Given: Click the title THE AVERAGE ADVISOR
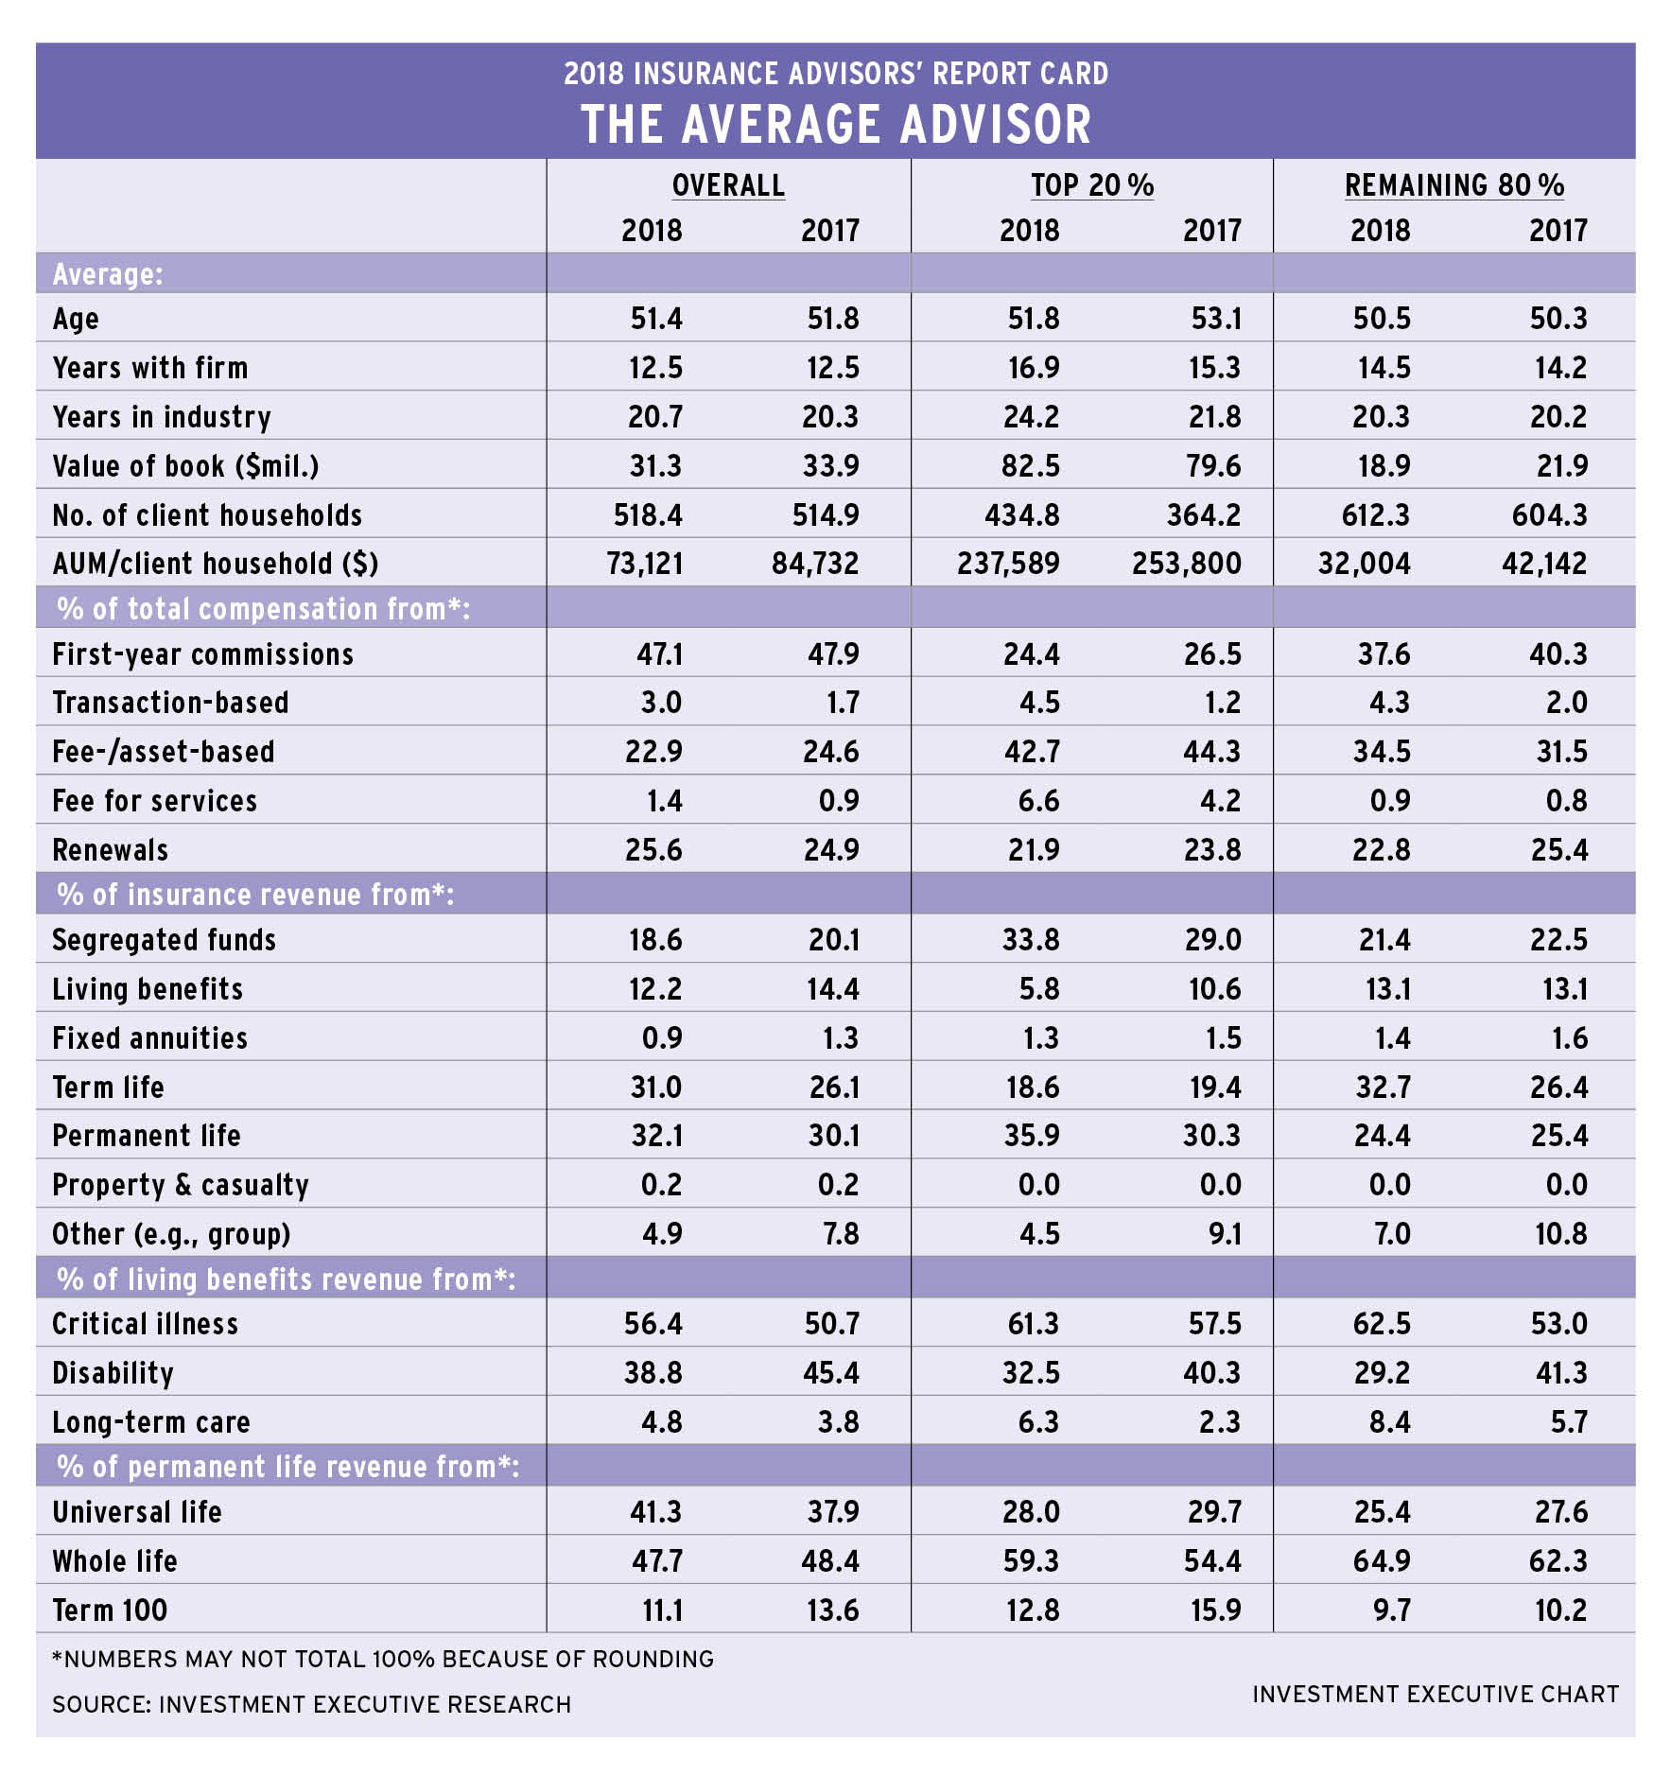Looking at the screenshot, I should (836, 125).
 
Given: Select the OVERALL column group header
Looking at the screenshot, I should (728, 185).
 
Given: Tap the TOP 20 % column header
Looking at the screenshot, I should (1092, 185).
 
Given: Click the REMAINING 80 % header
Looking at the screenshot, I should (1454, 185).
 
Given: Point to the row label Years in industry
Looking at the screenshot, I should (162, 417).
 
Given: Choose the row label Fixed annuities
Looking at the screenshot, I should (149, 1038).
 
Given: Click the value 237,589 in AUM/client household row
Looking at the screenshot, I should (1008, 564).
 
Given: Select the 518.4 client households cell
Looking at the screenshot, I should (648, 515).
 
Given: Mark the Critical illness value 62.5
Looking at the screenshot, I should (1382, 1324).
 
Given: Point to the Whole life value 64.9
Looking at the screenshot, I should (1382, 1561).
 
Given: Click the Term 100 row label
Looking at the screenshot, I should (110, 1611).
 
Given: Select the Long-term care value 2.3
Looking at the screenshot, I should (1219, 1422).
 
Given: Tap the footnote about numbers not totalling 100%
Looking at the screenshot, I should (383, 1660).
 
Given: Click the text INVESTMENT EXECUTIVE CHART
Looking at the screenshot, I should (1436, 1694).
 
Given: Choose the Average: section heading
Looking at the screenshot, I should (108, 274).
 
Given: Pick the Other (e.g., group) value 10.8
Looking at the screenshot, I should (1560, 1234).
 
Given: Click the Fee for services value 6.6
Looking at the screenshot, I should (1038, 801).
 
